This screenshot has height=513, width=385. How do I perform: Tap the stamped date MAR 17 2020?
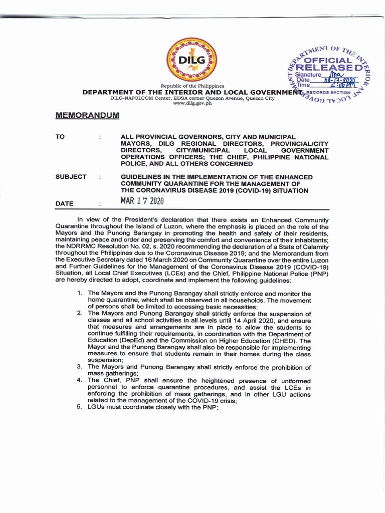point(142,201)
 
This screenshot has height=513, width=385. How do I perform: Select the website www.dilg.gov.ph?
point(192,103)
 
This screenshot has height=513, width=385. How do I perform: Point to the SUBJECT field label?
point(71,177)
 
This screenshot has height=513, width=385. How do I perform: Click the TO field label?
point(60,137)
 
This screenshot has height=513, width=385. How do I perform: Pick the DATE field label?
point(65,204)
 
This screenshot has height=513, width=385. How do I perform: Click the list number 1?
point(80,293)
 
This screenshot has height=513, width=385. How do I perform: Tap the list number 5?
point(79,407)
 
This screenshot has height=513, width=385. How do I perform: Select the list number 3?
point(79,367)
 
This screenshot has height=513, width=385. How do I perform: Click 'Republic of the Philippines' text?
point(192,86)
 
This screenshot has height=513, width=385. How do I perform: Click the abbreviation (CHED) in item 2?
point(283,340)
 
